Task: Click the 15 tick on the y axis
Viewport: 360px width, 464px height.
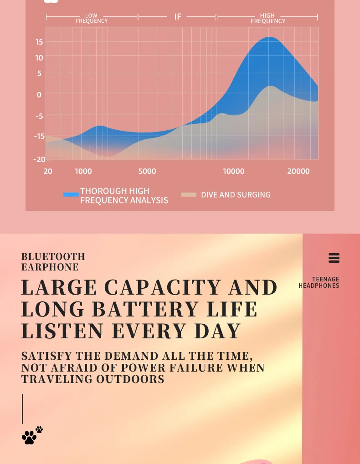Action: click(39, 42)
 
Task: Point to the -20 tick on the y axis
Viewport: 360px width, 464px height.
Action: click(39, 159)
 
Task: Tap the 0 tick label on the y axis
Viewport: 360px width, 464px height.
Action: click(39, 95)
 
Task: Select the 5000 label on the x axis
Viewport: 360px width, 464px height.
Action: click(147, 171)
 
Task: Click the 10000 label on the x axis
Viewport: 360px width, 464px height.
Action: click(234, 171)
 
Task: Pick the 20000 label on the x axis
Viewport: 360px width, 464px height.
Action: click(298, 171)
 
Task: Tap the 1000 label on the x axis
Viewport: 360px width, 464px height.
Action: click(83, 171)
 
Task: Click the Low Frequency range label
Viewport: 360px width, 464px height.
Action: click(92, 18)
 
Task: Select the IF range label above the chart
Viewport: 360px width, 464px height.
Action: click(178, 17)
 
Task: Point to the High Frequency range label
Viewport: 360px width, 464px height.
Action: click(268, 18)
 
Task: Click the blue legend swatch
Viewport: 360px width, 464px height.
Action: click(71, 195)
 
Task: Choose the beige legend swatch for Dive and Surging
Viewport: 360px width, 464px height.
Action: click(189, 195)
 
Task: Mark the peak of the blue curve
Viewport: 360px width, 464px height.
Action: click(270, 37)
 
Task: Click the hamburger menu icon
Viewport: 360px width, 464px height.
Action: click(334, 258)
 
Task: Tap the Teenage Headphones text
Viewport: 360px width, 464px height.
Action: click(319, 282)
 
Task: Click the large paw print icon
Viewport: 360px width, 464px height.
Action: click(29, 437)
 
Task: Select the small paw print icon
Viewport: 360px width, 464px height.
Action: click(39, 429)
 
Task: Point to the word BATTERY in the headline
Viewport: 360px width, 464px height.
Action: click(145, 310)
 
